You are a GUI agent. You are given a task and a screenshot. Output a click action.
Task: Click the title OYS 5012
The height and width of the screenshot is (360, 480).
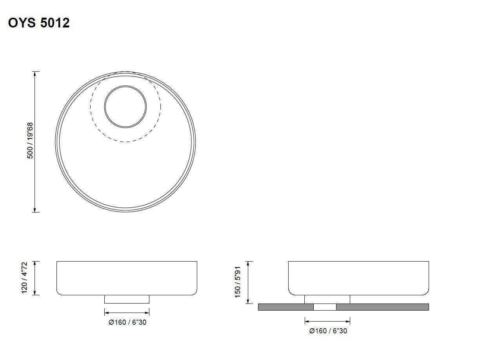(x=39, y=23)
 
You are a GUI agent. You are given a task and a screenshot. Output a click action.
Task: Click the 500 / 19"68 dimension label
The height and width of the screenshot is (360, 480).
(x=30, y=141)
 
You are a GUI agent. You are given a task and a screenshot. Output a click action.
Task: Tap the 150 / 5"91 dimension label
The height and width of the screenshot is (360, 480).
(x=237, y=282)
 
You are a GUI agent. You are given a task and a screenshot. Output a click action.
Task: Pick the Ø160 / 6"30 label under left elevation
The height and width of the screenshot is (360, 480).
(x=127, y=322)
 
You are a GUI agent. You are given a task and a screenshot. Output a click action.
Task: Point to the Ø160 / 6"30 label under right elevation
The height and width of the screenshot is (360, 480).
(x=328, y=331)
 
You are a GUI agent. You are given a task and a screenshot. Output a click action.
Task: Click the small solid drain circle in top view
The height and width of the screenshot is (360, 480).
(x=125, y=106)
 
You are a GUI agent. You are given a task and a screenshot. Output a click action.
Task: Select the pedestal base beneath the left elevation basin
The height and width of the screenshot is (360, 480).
(x=127, y=299)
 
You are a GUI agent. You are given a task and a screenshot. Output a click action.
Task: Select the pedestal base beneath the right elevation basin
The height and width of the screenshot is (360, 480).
(x=327, y=299)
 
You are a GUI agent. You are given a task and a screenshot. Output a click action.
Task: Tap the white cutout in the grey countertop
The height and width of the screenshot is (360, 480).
(x=325, y=307)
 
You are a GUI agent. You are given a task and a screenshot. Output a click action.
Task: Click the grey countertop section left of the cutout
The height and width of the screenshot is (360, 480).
(x=285, y=307)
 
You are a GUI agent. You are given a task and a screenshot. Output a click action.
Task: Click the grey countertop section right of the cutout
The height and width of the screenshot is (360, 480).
(x=382, y=307)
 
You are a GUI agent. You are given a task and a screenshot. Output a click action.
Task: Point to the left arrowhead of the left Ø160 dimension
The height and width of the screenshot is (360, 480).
(x=106, y=313)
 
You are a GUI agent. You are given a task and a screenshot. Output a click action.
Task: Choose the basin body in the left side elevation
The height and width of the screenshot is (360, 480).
(x=127, y=278)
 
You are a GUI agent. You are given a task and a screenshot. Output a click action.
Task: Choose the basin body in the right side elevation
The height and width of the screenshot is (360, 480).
(x=358, y=278)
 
